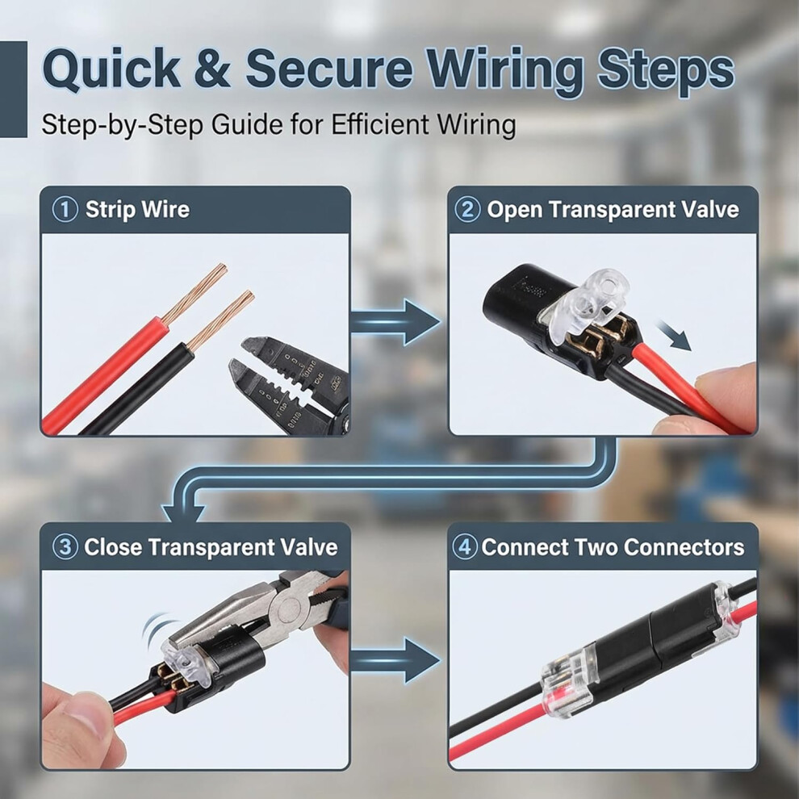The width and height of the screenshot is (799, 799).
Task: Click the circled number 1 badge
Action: [x=65, y=209]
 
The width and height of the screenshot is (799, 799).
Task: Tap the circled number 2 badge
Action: [x=467, y=209]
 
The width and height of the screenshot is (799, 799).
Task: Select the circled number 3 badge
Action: [x=65, y=546]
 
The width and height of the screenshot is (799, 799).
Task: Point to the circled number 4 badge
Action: [x=465, y=546]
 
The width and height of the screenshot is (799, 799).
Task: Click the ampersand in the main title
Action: [x=212, y=69]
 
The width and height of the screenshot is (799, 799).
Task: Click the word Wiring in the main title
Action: [x=506, y=71]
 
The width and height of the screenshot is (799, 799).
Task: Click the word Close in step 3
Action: [x=114, y=547]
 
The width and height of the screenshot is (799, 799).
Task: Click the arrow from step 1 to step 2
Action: [x=395, y=322]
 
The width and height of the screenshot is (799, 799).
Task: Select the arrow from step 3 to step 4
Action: [x=395, y=660]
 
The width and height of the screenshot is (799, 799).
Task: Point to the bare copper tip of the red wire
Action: [x=195, y=294]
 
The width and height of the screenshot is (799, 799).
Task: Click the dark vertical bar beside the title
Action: [x=13, y=89]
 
